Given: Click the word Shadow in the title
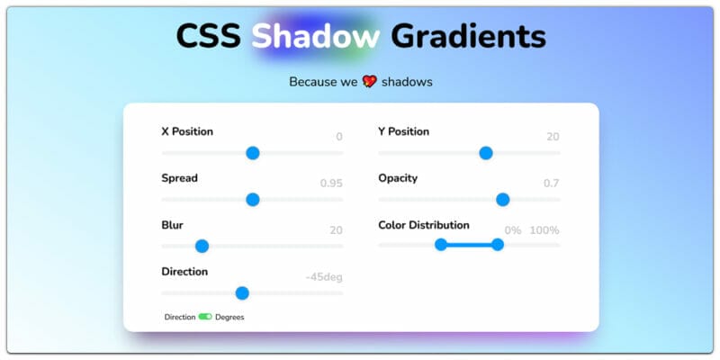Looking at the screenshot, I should [315, 36].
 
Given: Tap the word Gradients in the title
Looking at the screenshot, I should [468, 36].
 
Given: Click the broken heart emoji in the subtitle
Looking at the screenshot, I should [369, 82].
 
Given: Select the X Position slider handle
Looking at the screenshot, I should [253, 153].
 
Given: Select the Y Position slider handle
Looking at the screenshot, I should [486, 153].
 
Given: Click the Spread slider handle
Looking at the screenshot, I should [253, 200].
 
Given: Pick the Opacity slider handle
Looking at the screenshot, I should [502, 200].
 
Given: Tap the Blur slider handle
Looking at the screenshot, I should [202, 246].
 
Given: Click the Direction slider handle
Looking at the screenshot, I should [242, 292].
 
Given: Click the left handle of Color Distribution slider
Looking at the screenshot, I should [441, 245].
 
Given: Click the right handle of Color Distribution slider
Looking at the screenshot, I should [498, 245].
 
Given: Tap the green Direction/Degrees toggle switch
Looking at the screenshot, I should [205, 317].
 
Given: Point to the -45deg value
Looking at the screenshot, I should [324, 277].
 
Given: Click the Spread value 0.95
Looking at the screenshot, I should [331, 184].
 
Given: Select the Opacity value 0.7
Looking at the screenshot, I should [551, 184].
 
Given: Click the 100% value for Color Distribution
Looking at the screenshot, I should [544, 230].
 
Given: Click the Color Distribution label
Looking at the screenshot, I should [424, 225].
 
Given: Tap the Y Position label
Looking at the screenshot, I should [403, 131].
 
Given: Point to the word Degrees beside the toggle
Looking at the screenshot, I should [229, 317].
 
